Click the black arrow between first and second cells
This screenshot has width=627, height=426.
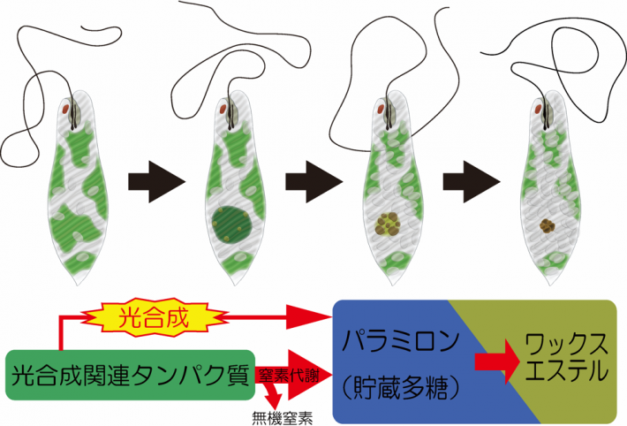(156, 182)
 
